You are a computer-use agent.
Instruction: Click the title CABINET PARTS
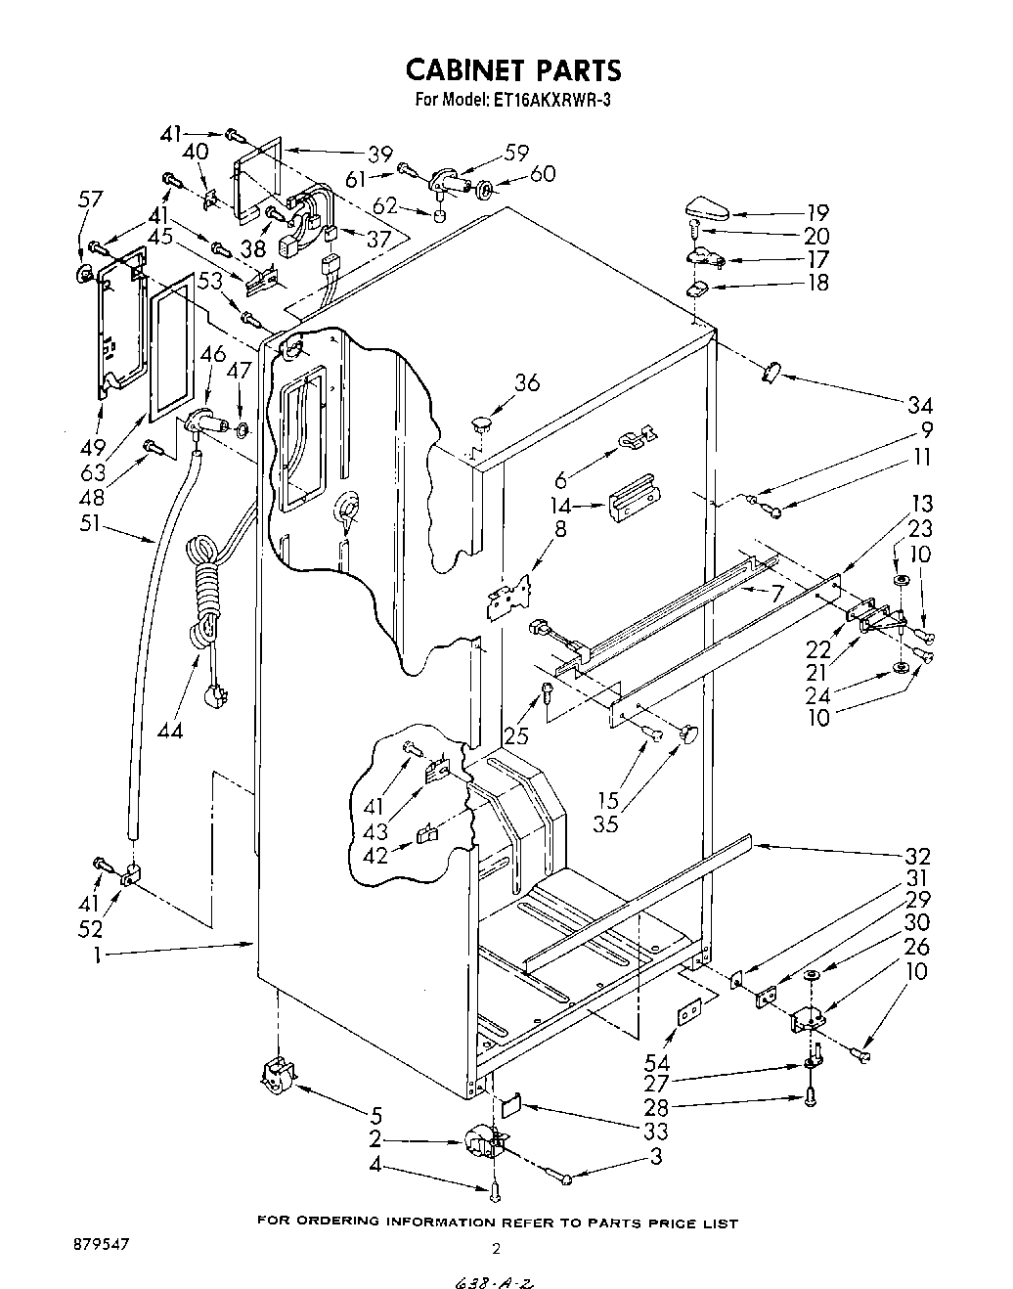point(512,70)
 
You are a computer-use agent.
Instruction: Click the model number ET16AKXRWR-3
point(540,99)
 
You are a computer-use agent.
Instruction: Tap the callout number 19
point(817,212)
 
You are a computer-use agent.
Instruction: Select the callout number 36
point(526,382)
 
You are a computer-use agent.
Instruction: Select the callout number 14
point(560,506)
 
